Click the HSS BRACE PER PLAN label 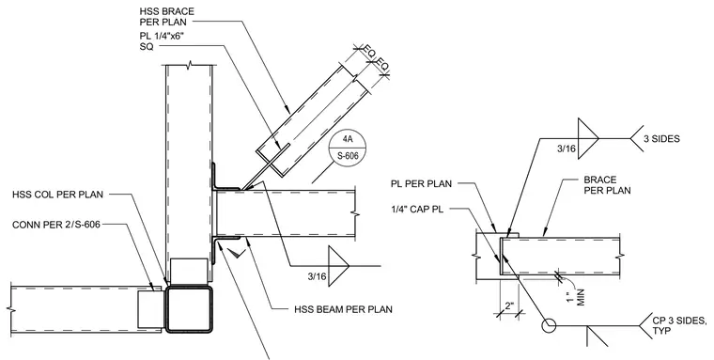click(x=166, y=16)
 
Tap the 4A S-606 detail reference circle click(x=348, y=149)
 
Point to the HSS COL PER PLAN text click(x=58, y=195)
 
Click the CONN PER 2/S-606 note click(x=56, y=225)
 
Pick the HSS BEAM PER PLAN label click(x=343, y=310)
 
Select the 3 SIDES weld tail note click(x=661, y=138)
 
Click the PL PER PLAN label click(x=421, y=184)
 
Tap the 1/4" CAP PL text click(x=417, y=210)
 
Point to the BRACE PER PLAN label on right click(x=608, y=184)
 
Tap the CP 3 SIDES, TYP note click(x=680, y=324)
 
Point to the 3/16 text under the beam click(x=317, y=276)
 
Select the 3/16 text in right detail click(x=566, y=149)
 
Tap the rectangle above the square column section click(x=189, y=272)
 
